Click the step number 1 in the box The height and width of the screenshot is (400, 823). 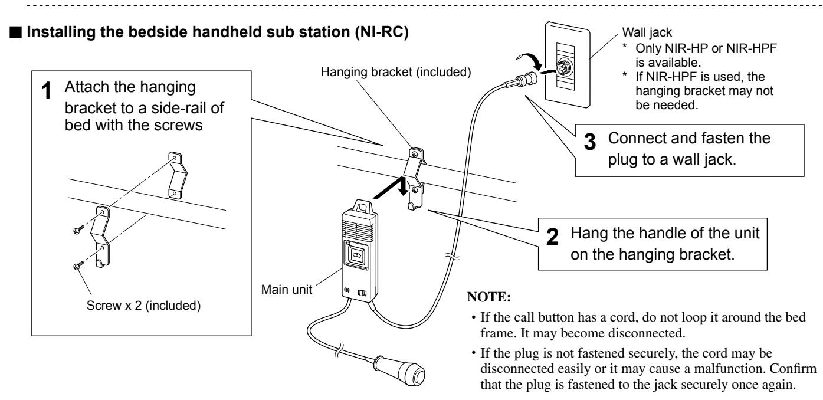46,91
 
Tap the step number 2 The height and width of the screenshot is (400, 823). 552,237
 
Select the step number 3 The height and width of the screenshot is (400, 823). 590,142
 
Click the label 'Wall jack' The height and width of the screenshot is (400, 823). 647,32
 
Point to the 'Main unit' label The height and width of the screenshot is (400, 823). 287,290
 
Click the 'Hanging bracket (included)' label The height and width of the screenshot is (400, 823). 396,72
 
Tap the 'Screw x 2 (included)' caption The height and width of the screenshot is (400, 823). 143,305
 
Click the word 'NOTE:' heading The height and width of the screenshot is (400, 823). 489,297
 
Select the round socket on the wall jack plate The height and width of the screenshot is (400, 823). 563,68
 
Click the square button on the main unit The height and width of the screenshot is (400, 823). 356,254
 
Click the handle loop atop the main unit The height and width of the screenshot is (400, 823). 363,206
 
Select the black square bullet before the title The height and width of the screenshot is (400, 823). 16,32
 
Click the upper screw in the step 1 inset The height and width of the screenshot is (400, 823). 78,230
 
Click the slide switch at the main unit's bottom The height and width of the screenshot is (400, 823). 362,293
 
